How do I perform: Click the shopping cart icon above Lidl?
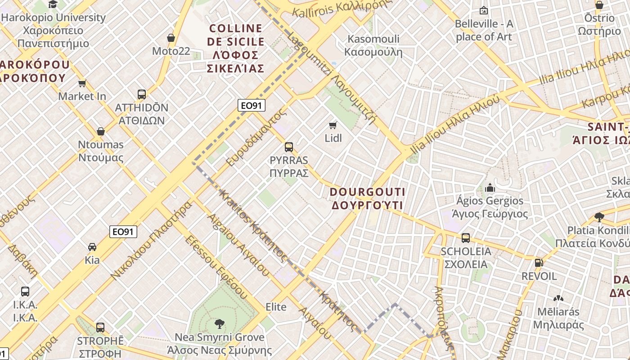[333, 125]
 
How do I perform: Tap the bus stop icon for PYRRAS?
[289, 147]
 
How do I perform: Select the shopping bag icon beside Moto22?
[171, 38]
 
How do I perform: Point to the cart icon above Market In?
[82, 83]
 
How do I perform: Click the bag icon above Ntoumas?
[101, 131]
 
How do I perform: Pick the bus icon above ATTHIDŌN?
[142, 94]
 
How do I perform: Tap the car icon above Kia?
[92, 247]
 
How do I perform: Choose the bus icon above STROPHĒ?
[100, 327]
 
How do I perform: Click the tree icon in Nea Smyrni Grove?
[219, 324]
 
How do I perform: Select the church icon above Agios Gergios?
[490, 187]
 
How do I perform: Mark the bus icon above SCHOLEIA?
[466, 238]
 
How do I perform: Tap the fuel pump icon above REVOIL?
[539, 263]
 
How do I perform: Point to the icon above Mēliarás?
[558, 298]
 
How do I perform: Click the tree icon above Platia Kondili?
[599, 217]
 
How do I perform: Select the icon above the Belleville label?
[484, 10]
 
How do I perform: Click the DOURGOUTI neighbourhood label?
[368, 198]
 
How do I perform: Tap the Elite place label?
[276, 307]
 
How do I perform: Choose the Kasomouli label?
[373, 45]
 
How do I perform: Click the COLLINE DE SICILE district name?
[235, 48]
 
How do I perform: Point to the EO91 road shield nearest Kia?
[123, 232]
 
